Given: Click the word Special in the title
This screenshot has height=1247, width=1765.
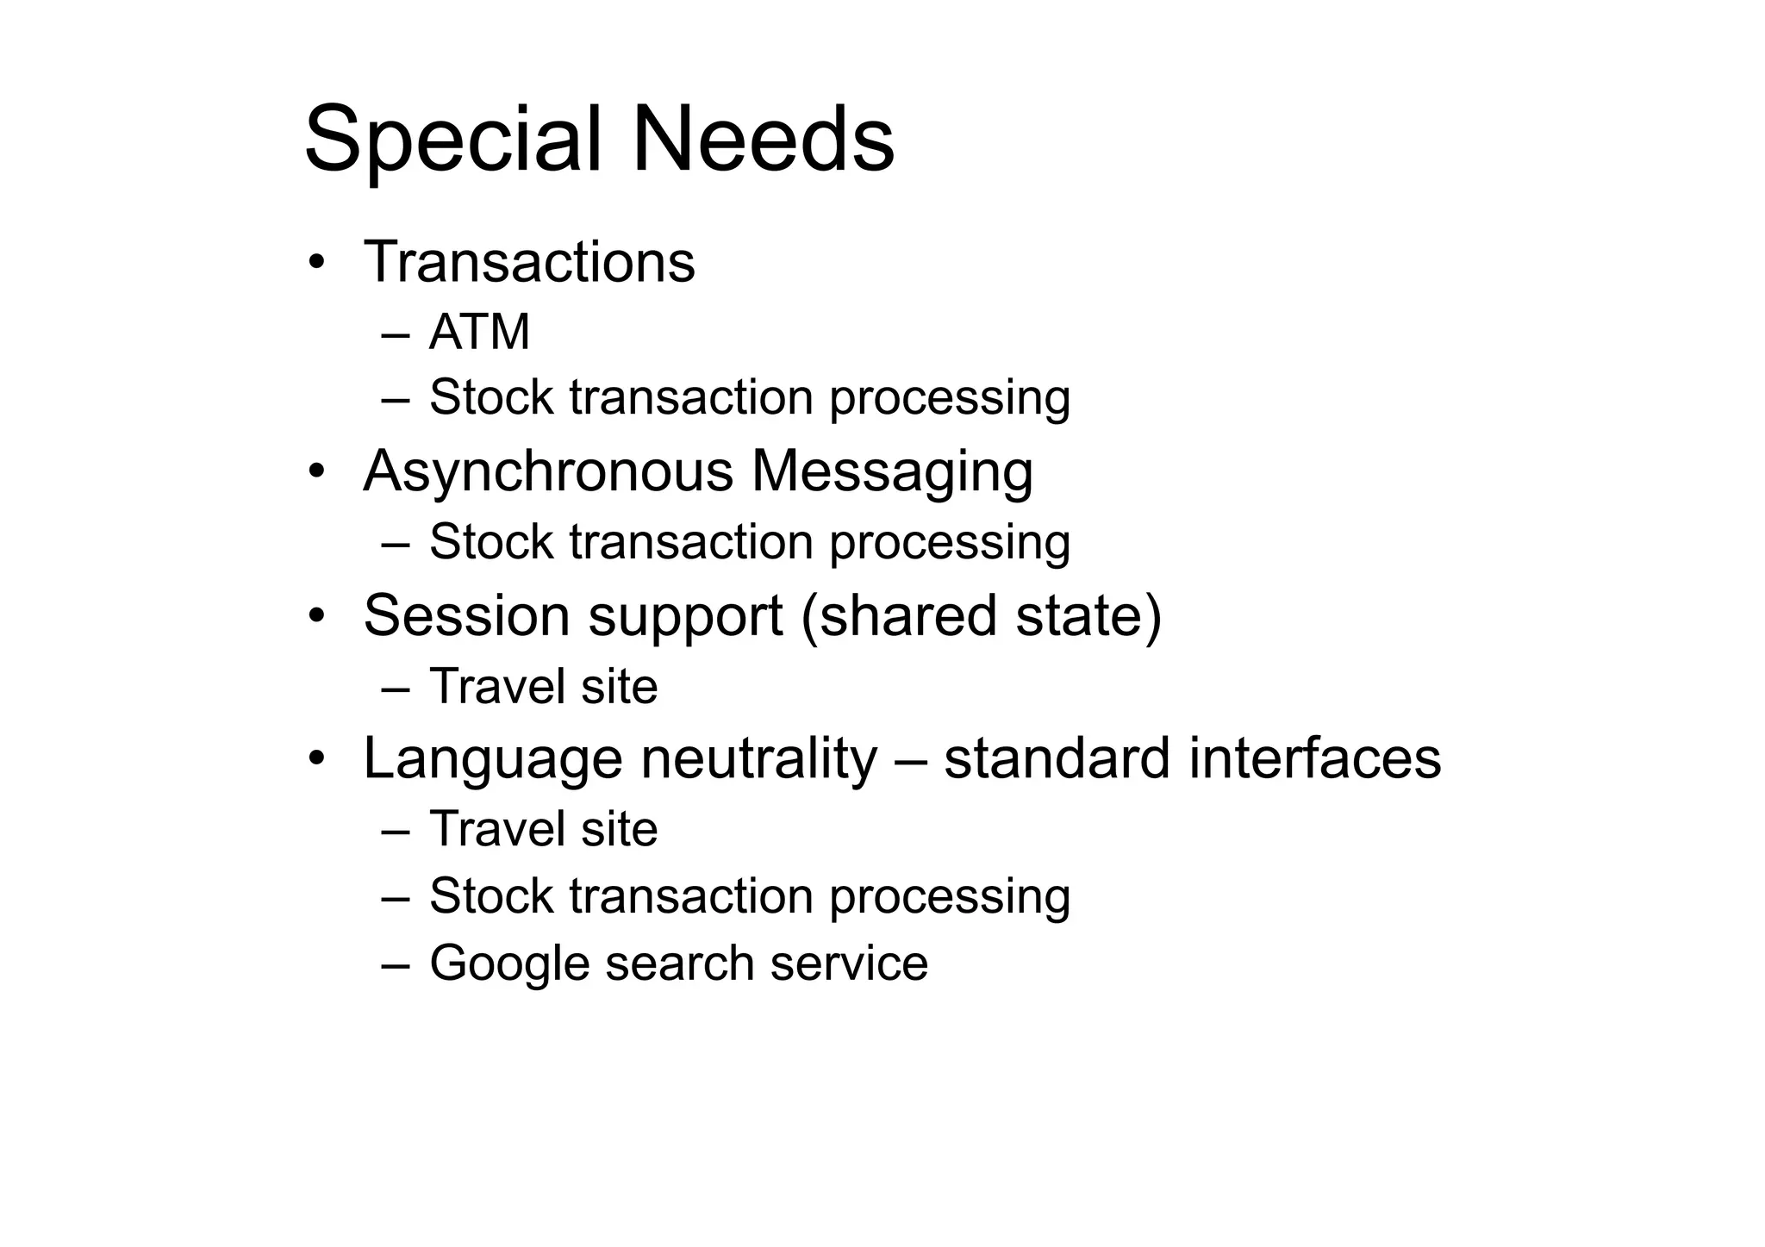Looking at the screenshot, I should [x=452, y=140].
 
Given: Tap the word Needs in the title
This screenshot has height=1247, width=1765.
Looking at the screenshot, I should [x=764, y=140].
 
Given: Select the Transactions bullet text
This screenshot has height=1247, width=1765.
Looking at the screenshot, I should [x=529, y=262].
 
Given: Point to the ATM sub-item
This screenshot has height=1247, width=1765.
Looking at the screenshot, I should [x=479, y=333].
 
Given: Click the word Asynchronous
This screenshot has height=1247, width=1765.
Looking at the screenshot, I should [x=549, y=472].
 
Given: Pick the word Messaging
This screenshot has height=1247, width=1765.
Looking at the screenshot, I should [x=892, y=472].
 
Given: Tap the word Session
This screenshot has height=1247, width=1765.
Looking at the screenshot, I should [x=466, y=615].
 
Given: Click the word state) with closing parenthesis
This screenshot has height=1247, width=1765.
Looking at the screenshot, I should [x=1088, y=615].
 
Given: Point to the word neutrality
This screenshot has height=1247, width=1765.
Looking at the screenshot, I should [x=758, y=759].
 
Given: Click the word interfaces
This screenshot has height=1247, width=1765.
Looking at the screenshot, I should [x=1314, y=759].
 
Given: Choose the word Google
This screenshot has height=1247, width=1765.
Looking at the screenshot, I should [x=508, y=963].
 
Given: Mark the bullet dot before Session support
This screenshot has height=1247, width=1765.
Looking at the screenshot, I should [x=316, y=615].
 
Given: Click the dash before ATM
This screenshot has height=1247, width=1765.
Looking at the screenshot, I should [x=395, y=334].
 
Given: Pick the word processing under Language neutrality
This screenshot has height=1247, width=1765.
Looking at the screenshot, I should [x=950, y=897].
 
